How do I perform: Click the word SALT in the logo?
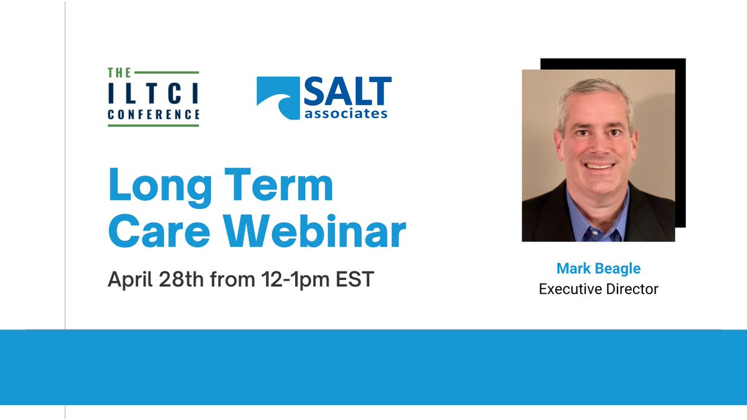(347, 92)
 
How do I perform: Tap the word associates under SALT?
(346, 113)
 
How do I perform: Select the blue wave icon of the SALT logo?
(278, 97)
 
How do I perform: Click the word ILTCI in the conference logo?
(153, 94)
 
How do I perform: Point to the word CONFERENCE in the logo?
(153, 114)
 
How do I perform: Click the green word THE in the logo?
(120, 73)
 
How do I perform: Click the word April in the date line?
(131, 279)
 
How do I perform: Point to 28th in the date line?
(185, 279)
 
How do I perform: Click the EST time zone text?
(355, 279)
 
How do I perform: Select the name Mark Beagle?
(598, 269)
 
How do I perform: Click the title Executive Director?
(598, 289)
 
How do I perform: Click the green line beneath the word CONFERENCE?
(153, 126)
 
